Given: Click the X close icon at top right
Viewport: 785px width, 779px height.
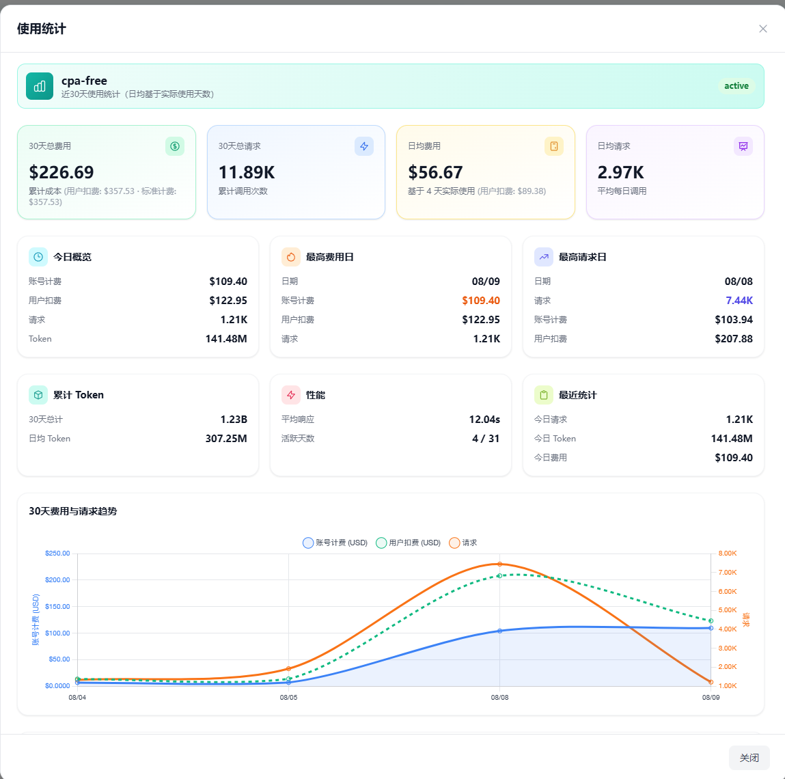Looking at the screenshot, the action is pos(762,29).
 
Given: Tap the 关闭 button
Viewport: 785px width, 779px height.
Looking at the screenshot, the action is pos(749,757).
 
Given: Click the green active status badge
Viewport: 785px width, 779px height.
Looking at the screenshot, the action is pos(736,85).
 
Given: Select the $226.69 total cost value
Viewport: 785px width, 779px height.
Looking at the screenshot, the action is pos(61,172).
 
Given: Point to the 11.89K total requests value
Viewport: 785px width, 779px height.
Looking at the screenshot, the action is pos(247,172).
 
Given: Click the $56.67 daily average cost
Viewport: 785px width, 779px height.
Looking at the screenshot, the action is pos(435,172).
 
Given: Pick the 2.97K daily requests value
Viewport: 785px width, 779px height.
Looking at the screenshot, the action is pos(620,172).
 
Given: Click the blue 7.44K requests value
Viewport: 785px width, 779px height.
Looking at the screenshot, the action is pos(739,301).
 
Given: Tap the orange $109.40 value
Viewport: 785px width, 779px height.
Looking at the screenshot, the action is pos(480,301).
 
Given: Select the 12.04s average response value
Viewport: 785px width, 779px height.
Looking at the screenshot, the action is pos(484,420).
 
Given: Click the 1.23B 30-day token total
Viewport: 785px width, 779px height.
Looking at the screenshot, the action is pos(234,420).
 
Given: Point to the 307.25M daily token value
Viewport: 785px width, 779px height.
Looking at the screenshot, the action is pos(226,439).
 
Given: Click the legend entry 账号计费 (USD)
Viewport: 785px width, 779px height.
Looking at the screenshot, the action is pos(335,543).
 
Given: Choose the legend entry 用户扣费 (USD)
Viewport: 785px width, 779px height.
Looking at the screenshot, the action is pos(408,543).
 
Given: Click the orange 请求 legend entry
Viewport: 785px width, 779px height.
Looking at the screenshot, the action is pos(463,543).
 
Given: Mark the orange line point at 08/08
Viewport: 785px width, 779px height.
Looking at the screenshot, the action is pos(499,564).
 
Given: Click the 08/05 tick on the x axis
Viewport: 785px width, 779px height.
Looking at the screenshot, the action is pos(288,698).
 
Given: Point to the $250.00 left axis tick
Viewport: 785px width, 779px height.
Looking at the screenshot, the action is pos(57,553).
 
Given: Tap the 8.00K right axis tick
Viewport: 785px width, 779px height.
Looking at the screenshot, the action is pos(728,553).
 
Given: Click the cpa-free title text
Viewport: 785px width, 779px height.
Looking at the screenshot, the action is pos(84,81).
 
